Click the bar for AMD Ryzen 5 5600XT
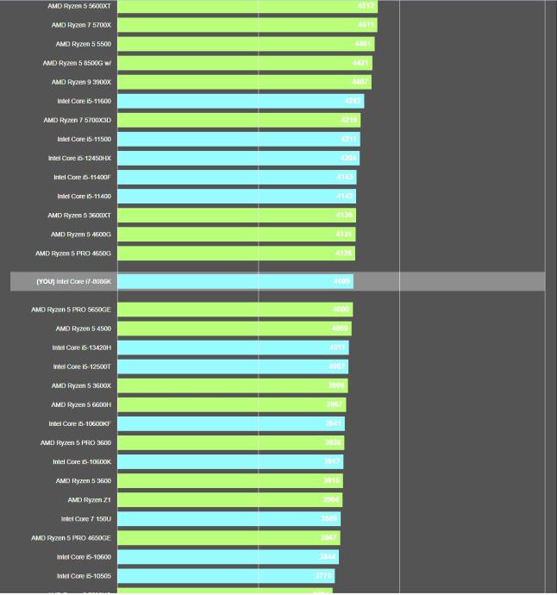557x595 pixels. click(x=247, y=6)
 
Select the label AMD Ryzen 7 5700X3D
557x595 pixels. click(x=82, y=120)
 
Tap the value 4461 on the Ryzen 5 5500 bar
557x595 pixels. click(x=362, y=44)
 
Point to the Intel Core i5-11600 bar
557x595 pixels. click(x=240, y=101)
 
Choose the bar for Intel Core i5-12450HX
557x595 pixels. click(x=238, y=158)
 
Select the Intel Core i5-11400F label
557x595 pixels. click(x=83, y=177)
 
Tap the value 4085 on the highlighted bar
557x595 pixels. click(x=341, y=282)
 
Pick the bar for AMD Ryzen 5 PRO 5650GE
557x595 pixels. click(x=235, y=310)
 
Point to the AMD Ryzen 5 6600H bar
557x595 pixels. click(x=231, y=404)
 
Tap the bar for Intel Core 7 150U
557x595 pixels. click(x=228, y=518)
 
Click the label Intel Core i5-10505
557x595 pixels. click(x=84, y=575)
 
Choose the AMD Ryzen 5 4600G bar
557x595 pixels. click(x=235, y=234)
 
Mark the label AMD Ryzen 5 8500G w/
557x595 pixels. click(x=77, y=63)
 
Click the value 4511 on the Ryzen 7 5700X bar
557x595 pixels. click(x=366, y=25)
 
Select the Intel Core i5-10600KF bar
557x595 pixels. click(x=230, y=423)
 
